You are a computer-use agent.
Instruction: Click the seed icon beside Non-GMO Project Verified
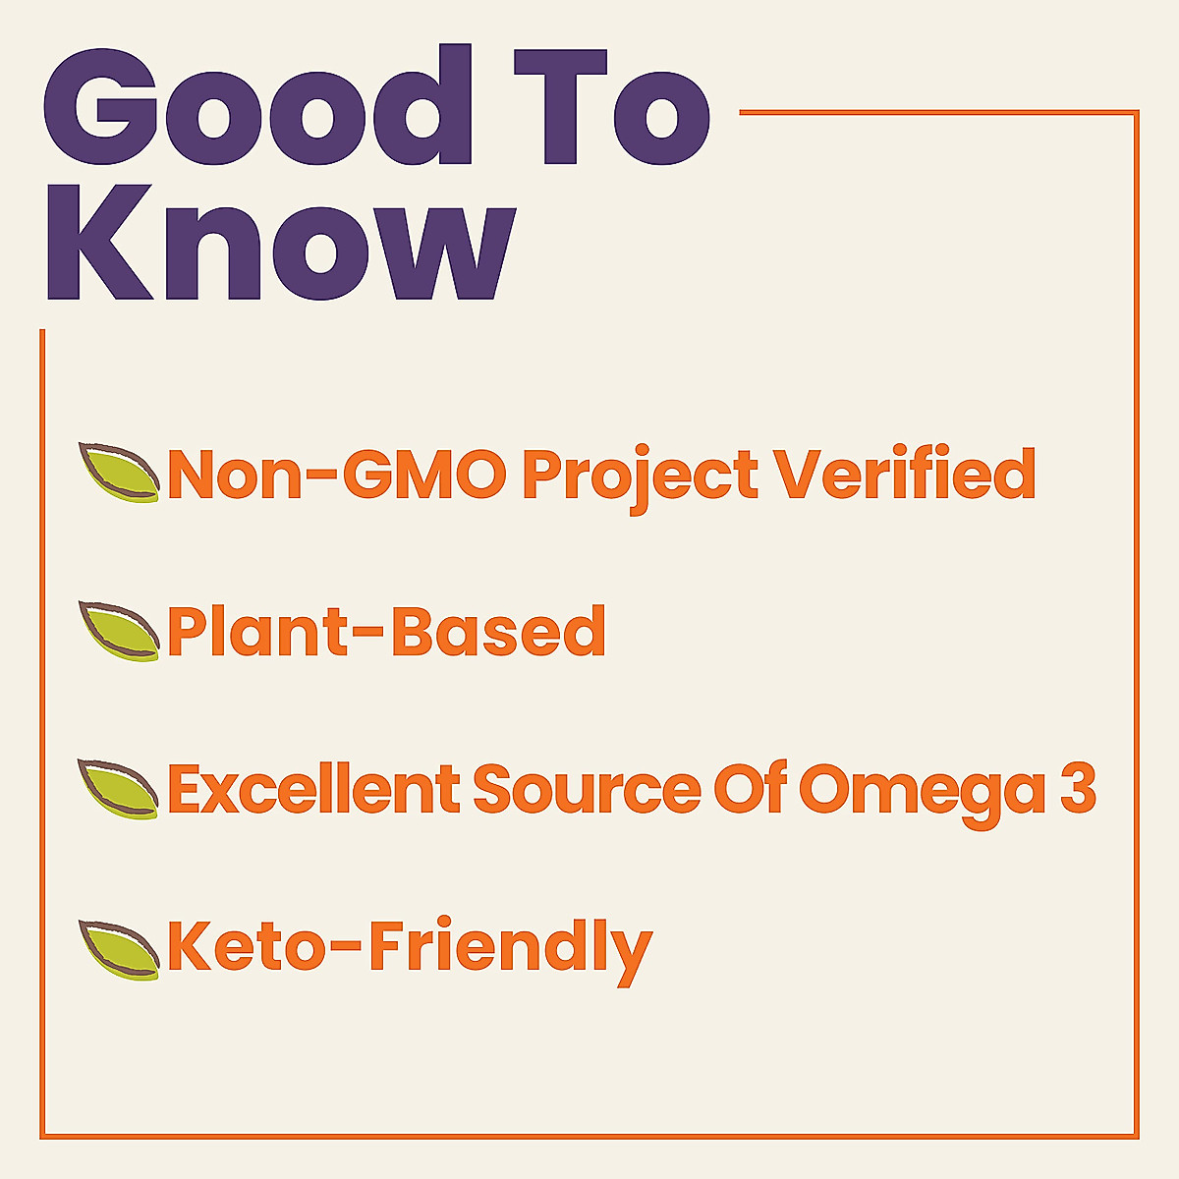(x=119, y=473)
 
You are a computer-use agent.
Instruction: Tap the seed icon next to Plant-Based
(x=119, y=630)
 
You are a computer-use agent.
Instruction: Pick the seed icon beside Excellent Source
(x=119, y=788)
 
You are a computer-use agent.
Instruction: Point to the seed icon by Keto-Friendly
(x=119, y=949)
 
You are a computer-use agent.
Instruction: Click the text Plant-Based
(x=386, y=632)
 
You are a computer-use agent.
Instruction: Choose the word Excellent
(x=313, y=789)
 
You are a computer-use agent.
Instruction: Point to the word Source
(x=587, y=789)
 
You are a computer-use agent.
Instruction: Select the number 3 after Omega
(x=1078, y=789)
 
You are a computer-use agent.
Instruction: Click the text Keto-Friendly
(x=409, y=949)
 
